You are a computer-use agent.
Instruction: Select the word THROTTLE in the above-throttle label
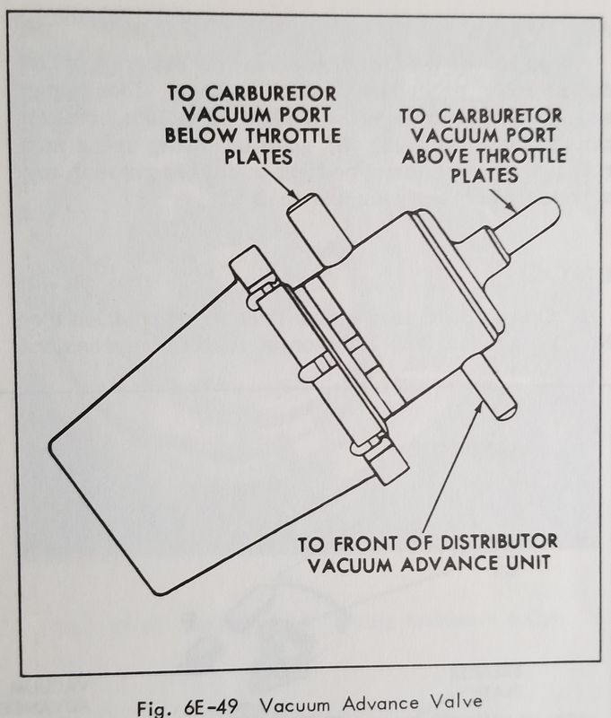(x=521, y=156)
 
